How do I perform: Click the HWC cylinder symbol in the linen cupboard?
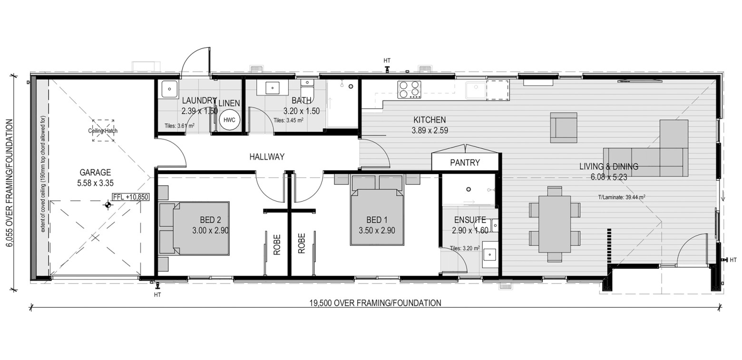click(229, 120)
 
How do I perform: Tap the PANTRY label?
click(465, 163)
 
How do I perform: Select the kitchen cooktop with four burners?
click(410, 90)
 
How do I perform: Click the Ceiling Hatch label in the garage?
click(103, 131)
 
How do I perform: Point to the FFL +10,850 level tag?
click(130, 197)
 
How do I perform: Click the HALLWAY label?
click(267, 156)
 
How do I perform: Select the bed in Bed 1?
click(377, 217)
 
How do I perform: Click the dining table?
click(555, 224)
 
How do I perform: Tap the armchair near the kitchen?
click(564, 128)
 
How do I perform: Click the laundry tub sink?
click(170, 89)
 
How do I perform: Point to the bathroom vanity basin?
click(272, 88)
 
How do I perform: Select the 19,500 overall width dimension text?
click(375, 303)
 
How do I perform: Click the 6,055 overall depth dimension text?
click(10, 183)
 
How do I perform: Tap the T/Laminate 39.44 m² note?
click(621, 197)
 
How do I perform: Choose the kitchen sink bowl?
click(476, 90)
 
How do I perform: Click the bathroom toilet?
click(307, 89)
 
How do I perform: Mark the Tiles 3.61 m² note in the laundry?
click(179, 126)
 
